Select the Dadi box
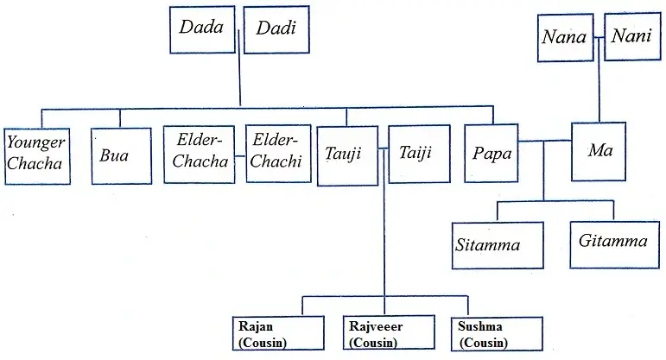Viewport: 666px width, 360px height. coord(276,28)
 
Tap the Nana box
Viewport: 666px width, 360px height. coord(565,38)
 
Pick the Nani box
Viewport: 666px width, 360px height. coord(632,38)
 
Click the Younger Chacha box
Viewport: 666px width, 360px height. coord(35,153)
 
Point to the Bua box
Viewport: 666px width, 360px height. coord(115,155)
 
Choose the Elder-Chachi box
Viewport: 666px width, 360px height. coord(277,154)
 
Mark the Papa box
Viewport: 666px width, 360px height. coord(492,154)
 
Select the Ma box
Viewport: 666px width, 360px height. coord(600,151)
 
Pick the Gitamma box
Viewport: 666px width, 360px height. coord(613,243)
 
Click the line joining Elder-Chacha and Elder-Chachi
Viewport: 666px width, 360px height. coord(240,158)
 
